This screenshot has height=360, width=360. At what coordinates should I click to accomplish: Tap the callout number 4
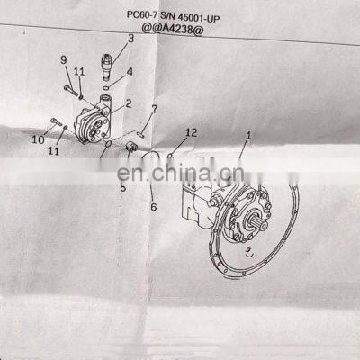pos(130,71)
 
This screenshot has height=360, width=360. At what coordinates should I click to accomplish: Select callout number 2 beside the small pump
pos(128,104)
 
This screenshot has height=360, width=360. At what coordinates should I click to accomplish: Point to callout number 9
pos(64,59)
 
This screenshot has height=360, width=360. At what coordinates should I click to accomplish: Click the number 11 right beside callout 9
pos(79,71)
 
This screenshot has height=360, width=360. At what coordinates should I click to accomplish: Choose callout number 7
pos(154,109)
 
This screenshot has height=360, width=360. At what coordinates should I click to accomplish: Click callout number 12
pos(189,132)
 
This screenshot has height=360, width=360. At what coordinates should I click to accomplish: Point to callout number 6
pos(152,207)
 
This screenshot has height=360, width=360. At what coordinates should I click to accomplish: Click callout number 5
pos(123,188)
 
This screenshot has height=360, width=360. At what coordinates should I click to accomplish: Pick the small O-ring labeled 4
pos(107,87)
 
